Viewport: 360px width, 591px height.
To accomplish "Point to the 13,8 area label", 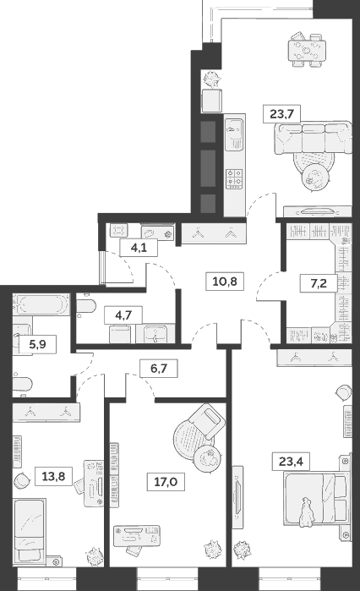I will point(53,474).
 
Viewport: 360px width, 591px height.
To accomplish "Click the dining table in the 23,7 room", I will point(307,50).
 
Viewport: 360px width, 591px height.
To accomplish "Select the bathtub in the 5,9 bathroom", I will point(38,302).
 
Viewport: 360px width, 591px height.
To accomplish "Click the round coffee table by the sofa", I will point(316,176).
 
